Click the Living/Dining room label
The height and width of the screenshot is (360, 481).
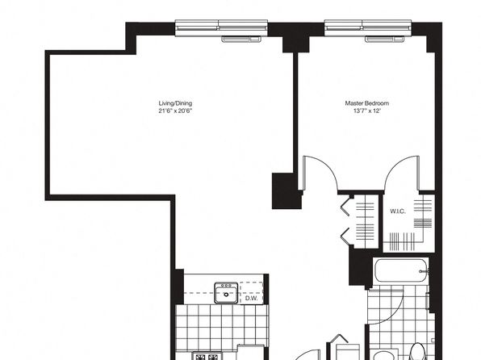coord(175,103)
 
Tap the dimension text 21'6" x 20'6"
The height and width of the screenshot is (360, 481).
coord(175,111)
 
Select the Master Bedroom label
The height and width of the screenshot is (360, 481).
coord(367,103)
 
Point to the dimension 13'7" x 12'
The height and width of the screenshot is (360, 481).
coord(367,111)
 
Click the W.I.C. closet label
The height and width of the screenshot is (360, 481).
coord(398,211)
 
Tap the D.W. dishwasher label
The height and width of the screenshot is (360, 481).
coord(252,299)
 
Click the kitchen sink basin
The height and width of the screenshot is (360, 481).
coord(226,293)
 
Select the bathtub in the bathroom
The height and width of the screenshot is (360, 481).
coord(400,270)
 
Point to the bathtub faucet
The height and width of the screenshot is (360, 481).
coord(424,271)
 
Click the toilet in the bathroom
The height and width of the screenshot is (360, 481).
coord(418,352)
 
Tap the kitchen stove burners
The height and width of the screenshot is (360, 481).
coord(207,357)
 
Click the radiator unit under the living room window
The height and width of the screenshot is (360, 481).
coord(241,39)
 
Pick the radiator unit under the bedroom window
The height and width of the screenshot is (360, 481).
coord(385,39)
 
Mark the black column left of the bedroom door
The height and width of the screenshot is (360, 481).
coord(287,190)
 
